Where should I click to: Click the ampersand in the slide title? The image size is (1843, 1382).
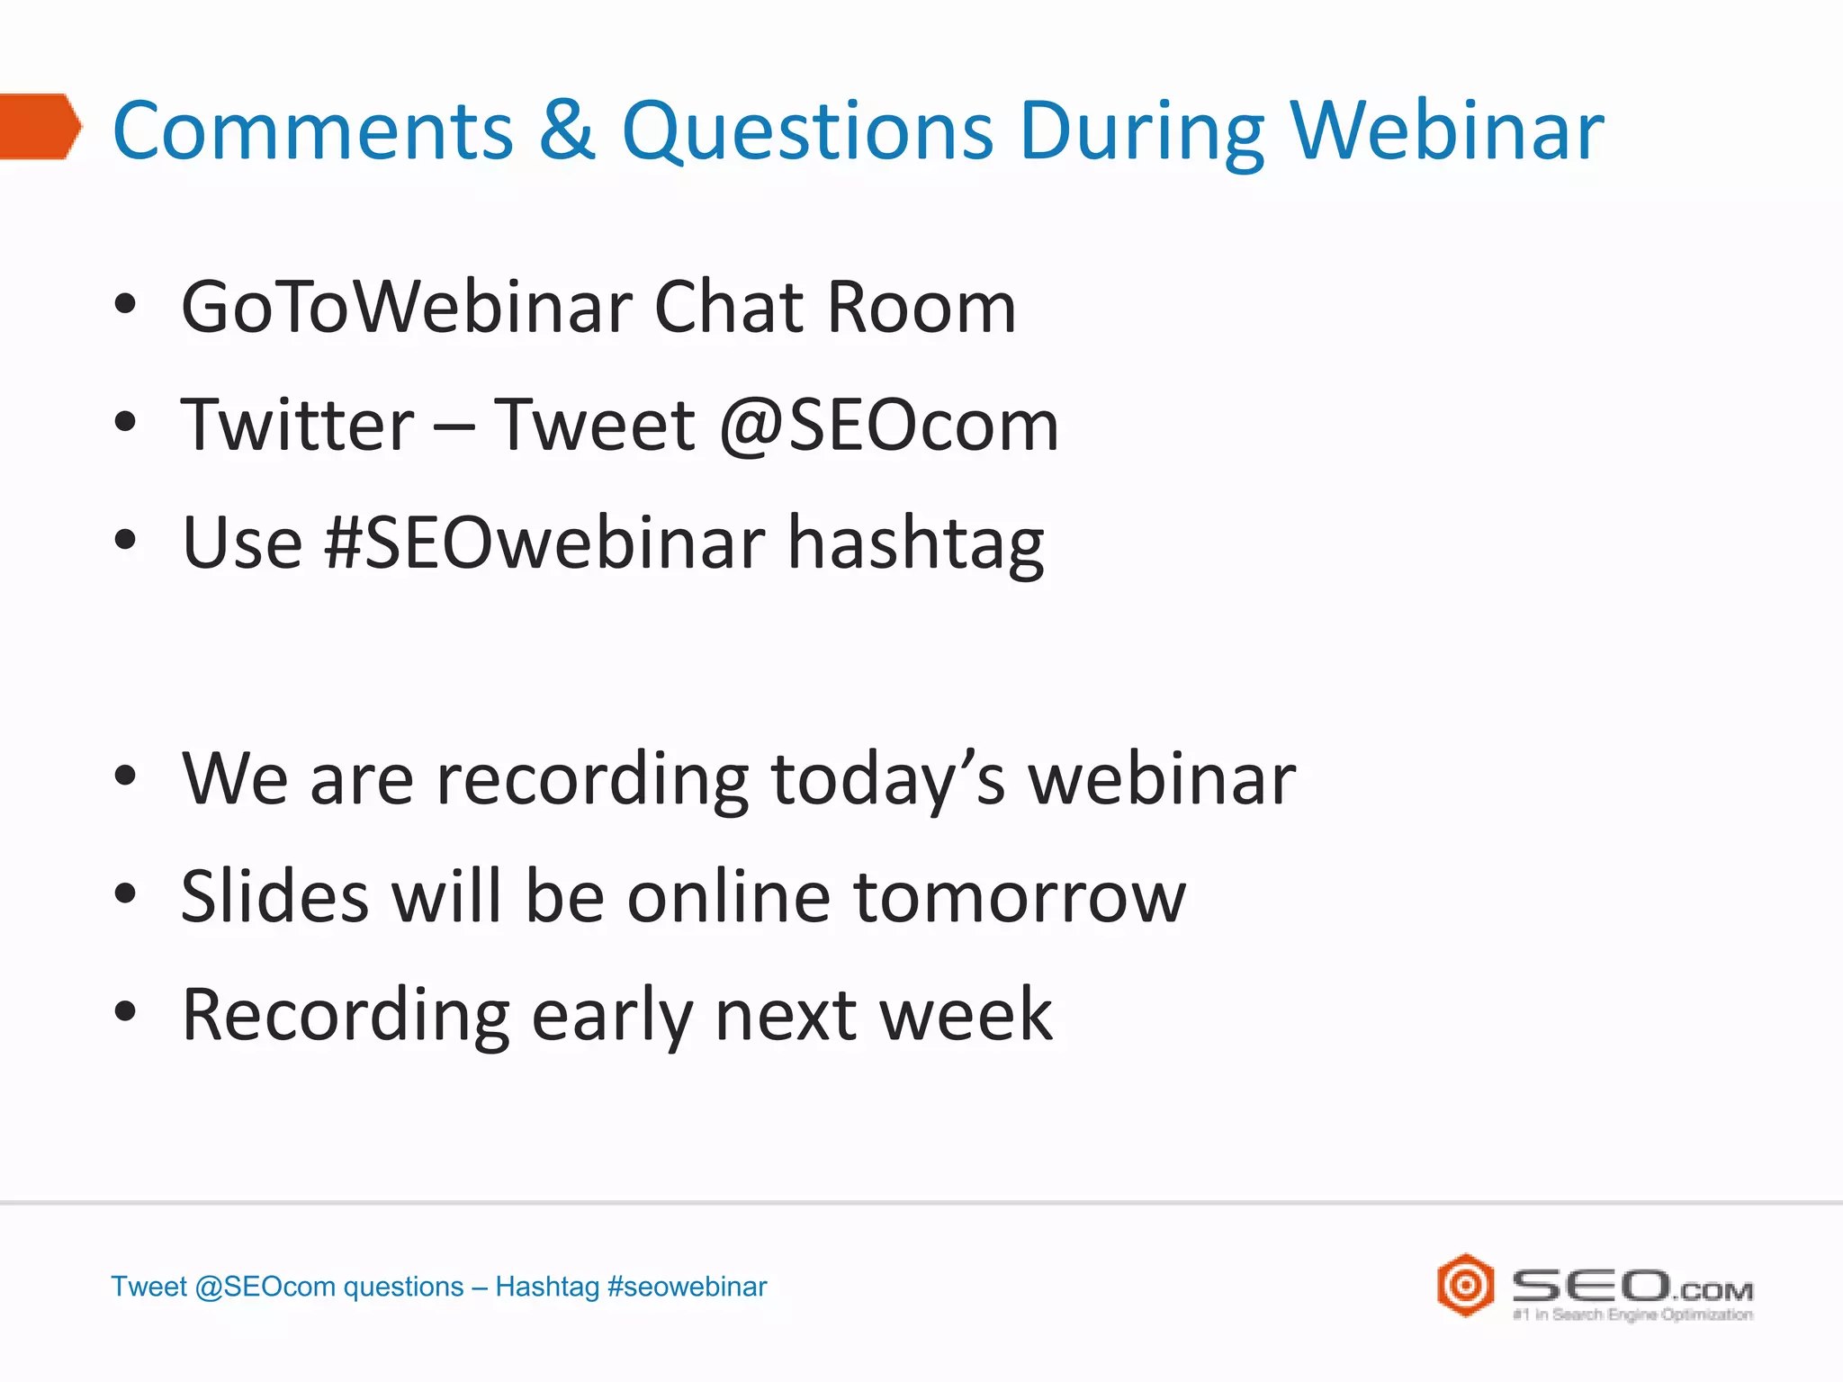pyautogui.click(x=567, y=130)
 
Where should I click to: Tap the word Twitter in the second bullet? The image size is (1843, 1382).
pyautogui.click(x=297, y=426)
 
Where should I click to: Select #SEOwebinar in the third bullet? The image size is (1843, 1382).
pyautogui.click(x=545, y=543)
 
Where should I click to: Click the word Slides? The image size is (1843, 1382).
pyautogui.click(x=274, y=897)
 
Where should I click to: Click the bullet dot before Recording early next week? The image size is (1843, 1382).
pyautogui.click(x=125, y=1012)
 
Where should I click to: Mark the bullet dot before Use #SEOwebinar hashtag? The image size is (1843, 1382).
pyautogui.click(x=125, y=541)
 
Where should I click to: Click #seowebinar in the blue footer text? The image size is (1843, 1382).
pyautogui.click(x=688, y=1287)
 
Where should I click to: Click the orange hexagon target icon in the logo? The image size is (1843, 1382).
pyautogui.click(x=1465, y=1285)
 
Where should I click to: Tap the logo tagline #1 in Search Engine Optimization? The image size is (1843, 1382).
pyautogui.click(x=1632, y=1315)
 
